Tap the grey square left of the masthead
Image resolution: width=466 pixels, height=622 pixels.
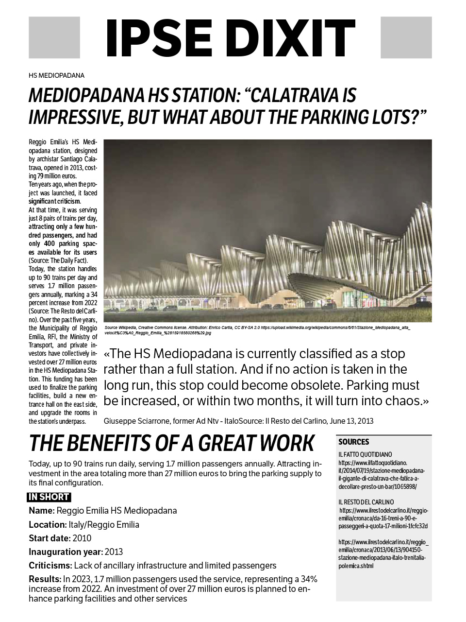click(54, 37)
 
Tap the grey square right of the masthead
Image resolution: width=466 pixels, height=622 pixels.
click(406, 37)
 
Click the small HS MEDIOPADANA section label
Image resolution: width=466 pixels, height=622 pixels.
click(56, 75)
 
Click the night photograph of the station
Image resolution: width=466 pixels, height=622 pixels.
click(267, 230)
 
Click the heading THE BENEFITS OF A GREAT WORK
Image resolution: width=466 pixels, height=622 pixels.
click(171, 443)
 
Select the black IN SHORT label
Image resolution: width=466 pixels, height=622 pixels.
click(49, 497)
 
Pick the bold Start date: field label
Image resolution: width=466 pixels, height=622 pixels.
click(49, 538)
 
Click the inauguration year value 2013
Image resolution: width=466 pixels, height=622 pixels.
click(114, 552)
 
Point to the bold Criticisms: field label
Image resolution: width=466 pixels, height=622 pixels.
click(50, 566)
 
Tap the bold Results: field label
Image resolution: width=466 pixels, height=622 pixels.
click(45, 579)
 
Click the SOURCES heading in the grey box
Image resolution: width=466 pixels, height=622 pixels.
click(353, 442)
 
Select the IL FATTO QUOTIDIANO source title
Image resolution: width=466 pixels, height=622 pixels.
click(365, 454)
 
